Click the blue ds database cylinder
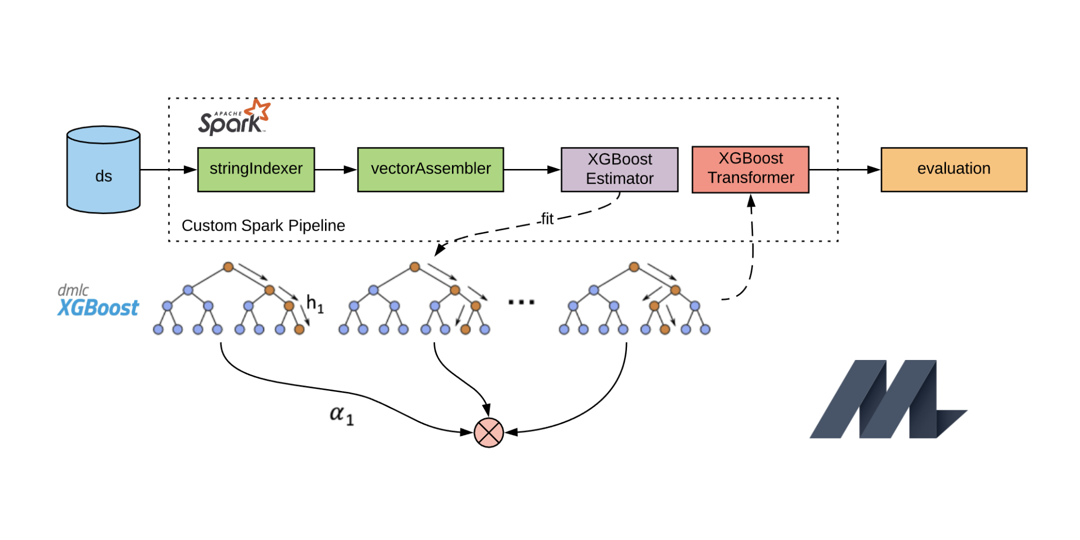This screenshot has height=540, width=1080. [x=103, y=170]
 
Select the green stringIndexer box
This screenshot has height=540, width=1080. [x=256, y=169]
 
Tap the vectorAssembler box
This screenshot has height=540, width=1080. [x=430, y=169]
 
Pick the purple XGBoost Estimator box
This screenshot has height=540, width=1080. [x=619, y=169]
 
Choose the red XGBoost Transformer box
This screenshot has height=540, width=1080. [x=750, y=169]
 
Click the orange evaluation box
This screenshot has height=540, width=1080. [x=953, y=169]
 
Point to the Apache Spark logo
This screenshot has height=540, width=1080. [x=234, y=118]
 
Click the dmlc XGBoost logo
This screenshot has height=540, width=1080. [x=98, y=302]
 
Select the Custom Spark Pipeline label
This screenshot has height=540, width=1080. [x=263, y=225]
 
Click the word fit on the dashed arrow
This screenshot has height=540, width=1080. [x=547, y=219]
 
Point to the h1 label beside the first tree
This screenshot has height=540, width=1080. [x=315, y=303]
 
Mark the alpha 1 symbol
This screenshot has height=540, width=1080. [x=341, y=415]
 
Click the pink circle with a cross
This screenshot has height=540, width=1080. [x=488, y=432]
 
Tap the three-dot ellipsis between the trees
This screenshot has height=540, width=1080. [x=521, y=302]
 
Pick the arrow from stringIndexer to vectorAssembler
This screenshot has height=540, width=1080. [x=335, y=169]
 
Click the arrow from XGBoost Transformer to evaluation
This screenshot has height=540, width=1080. [x=844, y=169]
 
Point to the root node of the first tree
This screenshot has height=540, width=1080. [x=228, y=266]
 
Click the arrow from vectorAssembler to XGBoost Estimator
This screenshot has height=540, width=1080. [x=532, y=169]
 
